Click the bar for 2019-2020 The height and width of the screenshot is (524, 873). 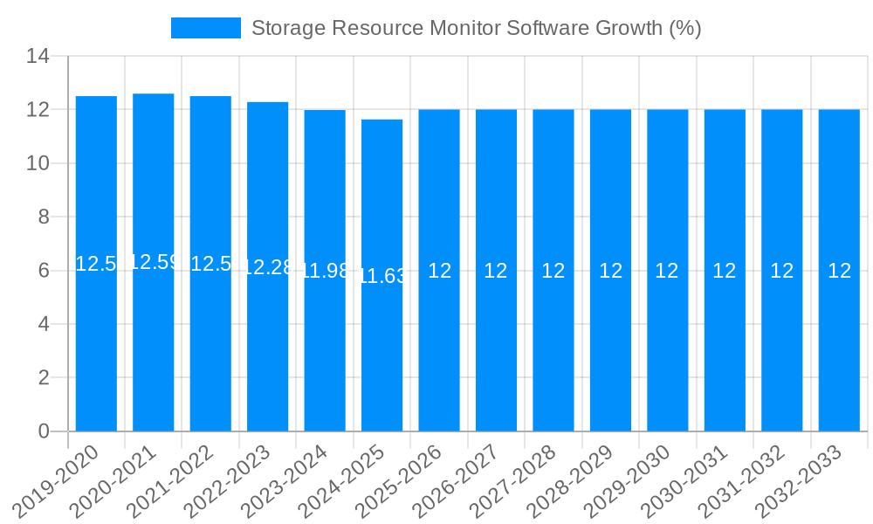tap(96, 349)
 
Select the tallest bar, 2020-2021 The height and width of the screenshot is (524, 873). tap(154, 349)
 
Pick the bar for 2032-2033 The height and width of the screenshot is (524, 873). tap(839, 349)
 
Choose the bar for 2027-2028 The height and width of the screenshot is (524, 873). tap(553, 349)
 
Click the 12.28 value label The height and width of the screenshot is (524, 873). tap(268, 267)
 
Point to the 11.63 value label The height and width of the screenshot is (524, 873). tap(382, 276)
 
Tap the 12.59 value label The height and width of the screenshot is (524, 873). tap(154, 262)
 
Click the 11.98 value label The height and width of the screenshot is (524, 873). tap(325, 271)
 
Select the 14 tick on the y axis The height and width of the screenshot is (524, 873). tap(38, 57)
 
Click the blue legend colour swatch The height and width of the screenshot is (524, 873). tap(205, 28)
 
